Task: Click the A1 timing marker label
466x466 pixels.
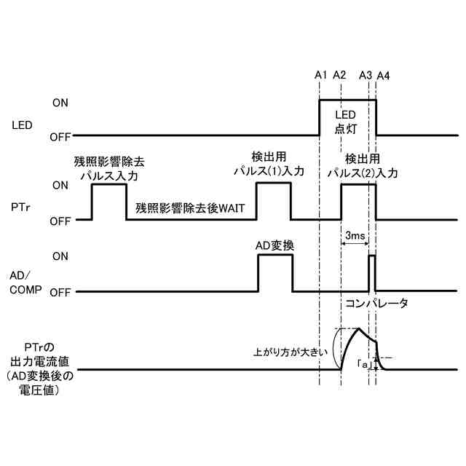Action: [320, 75]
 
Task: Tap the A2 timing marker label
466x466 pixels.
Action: [339, 75]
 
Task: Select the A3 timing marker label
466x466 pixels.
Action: [366, 75]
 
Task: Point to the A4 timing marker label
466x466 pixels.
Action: [383, 75]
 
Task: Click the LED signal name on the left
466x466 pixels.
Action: [23, 125]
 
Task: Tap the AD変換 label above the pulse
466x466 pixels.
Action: [275, 245]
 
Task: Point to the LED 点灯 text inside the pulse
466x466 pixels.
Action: [344, 122]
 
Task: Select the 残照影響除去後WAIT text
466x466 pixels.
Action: [190, 208]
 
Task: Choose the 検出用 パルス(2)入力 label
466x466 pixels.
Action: [362, 165]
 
